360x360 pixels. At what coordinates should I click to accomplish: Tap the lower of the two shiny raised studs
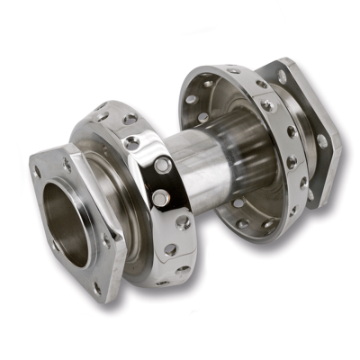159,195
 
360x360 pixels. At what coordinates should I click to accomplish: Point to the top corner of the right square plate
286,61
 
